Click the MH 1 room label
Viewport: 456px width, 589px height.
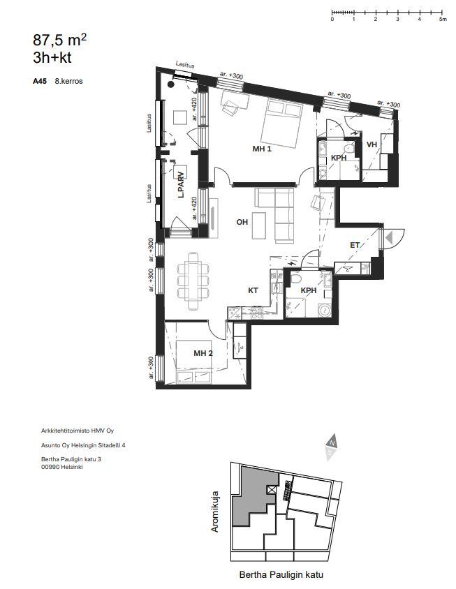262,149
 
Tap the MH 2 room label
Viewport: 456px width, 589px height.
203,353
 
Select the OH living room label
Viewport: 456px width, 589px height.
242,222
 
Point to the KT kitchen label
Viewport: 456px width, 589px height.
253,290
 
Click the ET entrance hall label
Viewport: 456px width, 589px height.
355,245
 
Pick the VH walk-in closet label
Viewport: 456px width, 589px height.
372,144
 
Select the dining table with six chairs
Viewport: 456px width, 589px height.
193,281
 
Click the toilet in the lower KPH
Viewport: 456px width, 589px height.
295,278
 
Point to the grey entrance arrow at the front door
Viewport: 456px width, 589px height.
389,237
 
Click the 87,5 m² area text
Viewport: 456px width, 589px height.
60,40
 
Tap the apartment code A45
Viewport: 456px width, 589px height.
40,81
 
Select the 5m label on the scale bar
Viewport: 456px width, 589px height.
443,19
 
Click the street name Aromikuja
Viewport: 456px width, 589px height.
214,512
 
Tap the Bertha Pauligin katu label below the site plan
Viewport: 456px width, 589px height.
281,575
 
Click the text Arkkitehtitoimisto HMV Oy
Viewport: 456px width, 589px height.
78,431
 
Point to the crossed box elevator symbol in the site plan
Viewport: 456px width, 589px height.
272,490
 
